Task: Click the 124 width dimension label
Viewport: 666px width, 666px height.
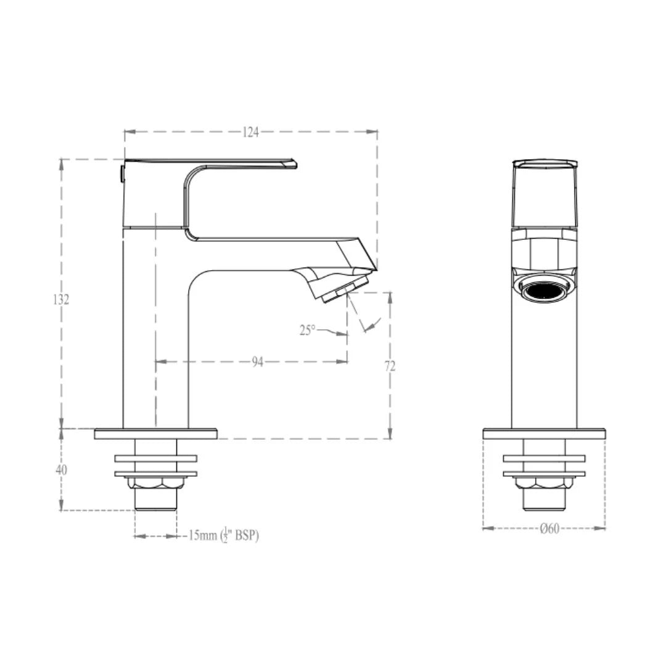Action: pyautogui.click(x=250, y=132)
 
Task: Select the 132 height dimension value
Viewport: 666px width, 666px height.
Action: pyautogui.click(x=60, y=300)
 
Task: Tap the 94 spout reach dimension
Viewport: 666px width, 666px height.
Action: pyautogui.click(x=257, y=362)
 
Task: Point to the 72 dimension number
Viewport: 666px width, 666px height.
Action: pyautogui.click(x=390, y=366)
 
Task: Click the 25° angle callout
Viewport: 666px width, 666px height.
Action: pyautogui.click(x=308, y=330)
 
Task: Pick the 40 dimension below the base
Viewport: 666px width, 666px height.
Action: pyautogui.click(x=61, y=470)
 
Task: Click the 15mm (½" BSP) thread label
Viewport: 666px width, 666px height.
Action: pyautogui.click(x=223, y=535)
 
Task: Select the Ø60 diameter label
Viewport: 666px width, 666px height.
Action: pyautogui.click(x=549, y=528)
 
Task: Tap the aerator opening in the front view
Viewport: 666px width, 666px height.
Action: pyautogui.click(x=544, y=290)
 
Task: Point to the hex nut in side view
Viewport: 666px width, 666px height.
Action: pyautogui.click(x=156, y=483)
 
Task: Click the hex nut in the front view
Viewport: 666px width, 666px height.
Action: pyautogui.click(x=544, y=483)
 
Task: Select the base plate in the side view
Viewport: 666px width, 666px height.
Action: pyautogui.click(x=155, y=434)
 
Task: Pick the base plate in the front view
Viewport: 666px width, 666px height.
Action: pyautogui.click(x=544, y=434)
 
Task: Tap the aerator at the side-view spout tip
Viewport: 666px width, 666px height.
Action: pyautogui.click(x=345, y=290)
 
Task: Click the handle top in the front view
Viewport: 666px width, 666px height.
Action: pyautogui.click(x=545, y=164)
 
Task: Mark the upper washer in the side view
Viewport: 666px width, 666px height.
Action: pyautogui.click(x=155, y=458)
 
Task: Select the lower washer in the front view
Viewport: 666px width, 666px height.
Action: pyautogui.click(x=544, y=474)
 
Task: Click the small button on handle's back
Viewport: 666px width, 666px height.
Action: pyautogui.click(x=121, y=173)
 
